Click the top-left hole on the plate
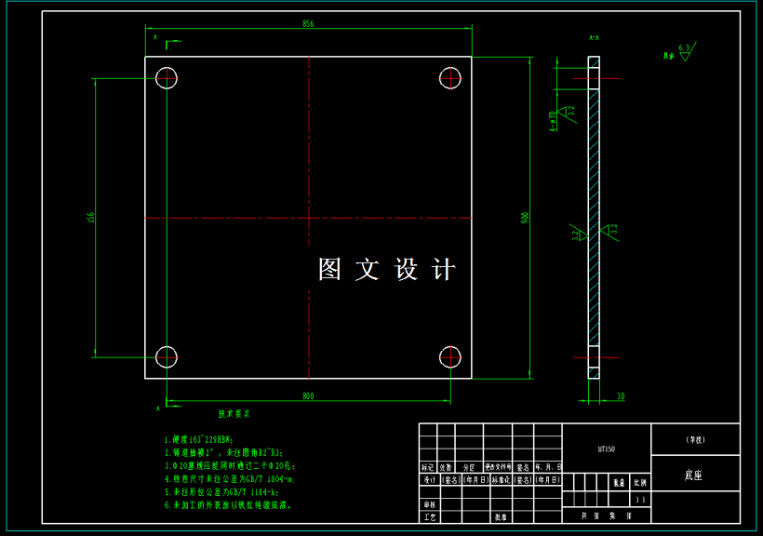click(167, 77)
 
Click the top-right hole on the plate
click(450, 77)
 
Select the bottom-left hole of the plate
click(167, 355)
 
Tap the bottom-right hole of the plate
click(450, 355)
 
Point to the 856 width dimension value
click(308, 25)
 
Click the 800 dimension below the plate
click(308, 396)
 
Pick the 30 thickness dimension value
click(620, 396)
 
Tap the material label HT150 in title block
click(606, 449)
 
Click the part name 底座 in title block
click(693, 475)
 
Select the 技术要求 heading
click(234, 413)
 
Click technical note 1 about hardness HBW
click(198, 439)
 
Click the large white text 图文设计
click(387, 270)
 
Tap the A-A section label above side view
click(593, 38)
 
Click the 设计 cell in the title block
click(428, 480)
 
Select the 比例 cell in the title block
click(639, 483)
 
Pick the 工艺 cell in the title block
click(428, 516)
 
